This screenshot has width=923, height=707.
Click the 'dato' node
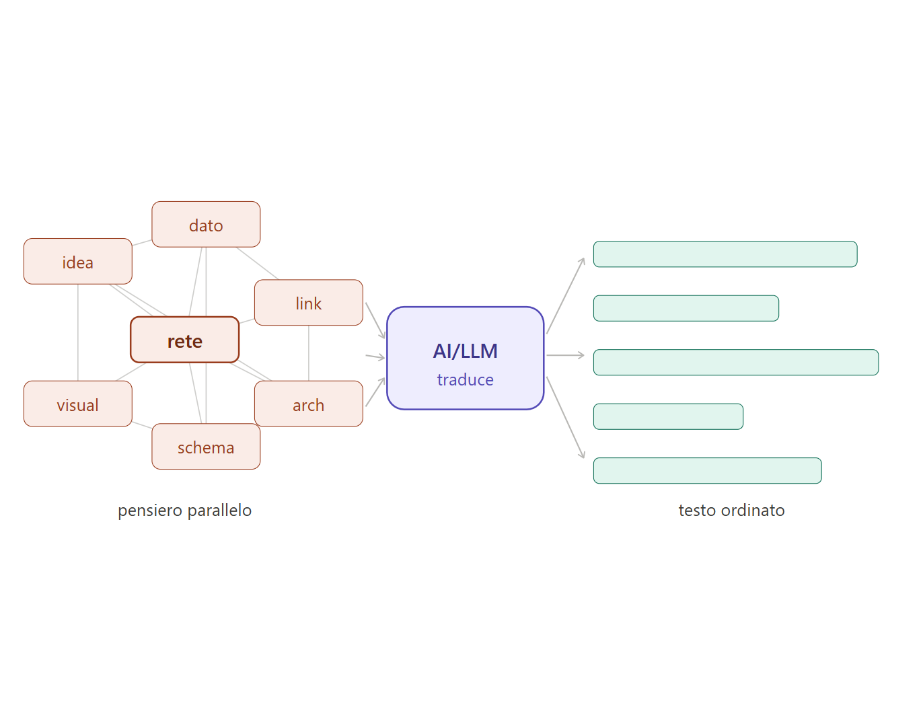(x=206, y=225)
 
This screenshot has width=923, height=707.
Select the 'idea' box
(x=78, y=262)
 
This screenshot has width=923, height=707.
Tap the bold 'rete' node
(x=185, y=340)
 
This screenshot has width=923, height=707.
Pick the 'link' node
(x=309, y=303)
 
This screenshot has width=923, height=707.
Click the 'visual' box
(x=78, y=404)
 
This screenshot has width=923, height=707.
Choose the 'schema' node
(x=206, y=447)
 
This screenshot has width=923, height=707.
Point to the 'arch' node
(x=309, y=404)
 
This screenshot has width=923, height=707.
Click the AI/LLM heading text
(x=466, y=350)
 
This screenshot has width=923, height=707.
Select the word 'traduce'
(x=466, y=380)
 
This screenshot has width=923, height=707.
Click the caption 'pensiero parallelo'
(x=185, y=511)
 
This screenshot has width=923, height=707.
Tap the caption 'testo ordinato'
(x=731, y=511)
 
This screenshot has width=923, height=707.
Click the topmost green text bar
(x=725, y=254)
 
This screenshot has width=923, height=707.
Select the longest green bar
(x=736, y=363)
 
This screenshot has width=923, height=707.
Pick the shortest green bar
(x=668, y=416)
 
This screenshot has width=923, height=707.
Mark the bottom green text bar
(x=707, y=471)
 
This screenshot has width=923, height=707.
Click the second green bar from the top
(x=686, y=308)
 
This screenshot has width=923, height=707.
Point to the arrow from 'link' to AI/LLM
(x=375, y=321)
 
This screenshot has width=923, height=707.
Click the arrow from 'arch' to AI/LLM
(x=375, y=392)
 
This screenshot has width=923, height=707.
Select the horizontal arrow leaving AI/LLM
(x=565, y=355)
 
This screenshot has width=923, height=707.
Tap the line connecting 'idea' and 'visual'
(x=78, y=332)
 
